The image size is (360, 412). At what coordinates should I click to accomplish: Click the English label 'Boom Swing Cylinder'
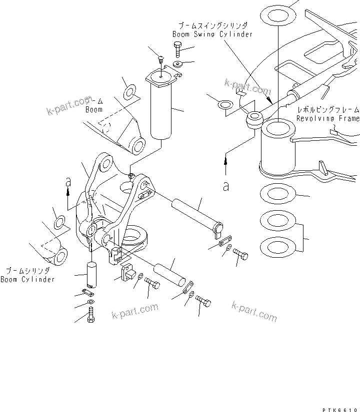[212, 34]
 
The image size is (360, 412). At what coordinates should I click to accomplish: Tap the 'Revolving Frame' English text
[327, 119]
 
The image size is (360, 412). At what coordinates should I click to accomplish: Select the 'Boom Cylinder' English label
[27, 280]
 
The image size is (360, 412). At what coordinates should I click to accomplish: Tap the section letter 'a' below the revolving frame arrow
[226, 186]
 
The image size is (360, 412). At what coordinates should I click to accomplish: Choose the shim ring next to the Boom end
[129, 92]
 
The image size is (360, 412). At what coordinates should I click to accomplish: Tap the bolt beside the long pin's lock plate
[240, 255]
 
